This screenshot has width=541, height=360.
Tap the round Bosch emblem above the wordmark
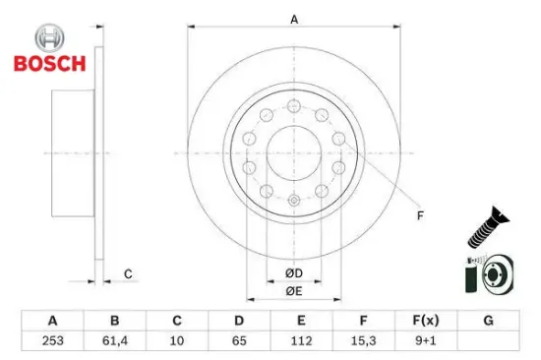[48, 39]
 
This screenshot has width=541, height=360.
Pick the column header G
[489, 321]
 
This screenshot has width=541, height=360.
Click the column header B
[114, 321]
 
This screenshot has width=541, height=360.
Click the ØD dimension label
[294, 272]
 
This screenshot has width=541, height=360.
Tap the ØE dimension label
[294, 291]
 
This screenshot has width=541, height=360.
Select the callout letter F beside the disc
[420, 214]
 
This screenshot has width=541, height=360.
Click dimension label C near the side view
[127, 273]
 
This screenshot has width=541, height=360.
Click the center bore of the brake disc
[294, 152]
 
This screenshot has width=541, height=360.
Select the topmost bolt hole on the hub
[294, 104]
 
